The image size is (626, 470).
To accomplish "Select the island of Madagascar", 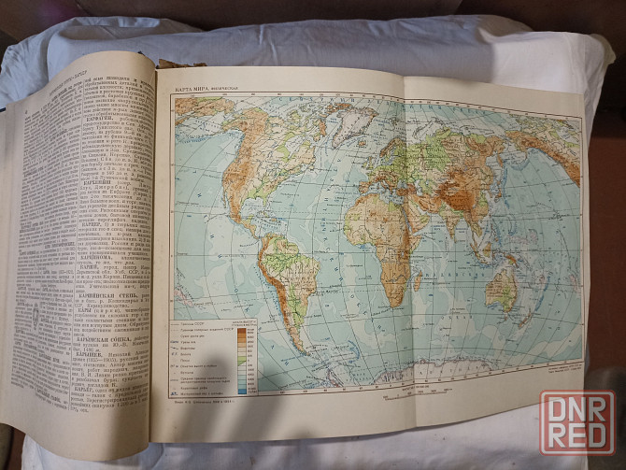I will click(418, 280).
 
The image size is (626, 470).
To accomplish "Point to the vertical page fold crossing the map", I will click(405, 243).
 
